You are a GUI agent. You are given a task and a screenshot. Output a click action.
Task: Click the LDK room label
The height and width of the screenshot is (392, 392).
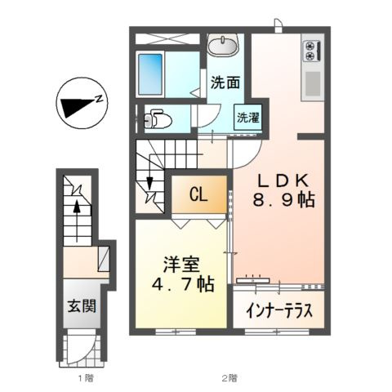pos(282,180)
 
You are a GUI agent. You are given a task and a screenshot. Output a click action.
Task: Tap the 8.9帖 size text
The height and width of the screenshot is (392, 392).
pos(283,201)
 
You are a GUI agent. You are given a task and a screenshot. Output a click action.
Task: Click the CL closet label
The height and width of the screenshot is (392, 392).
pos(198,194)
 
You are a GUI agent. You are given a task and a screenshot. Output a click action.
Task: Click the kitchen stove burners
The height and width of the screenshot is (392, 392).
pos(312,51)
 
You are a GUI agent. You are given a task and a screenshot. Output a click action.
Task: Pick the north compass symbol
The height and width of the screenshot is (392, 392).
pos(78,105)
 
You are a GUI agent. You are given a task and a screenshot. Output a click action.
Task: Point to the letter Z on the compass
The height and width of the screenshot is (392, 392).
pos(99,99)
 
